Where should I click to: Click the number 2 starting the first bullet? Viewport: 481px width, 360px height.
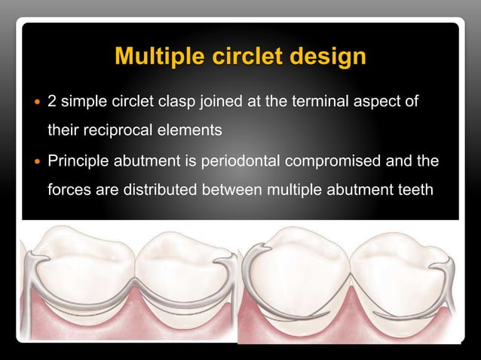[x=52, y=100]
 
